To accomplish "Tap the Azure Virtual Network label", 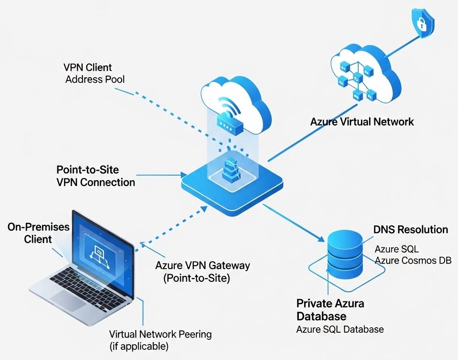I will (x=362, y=121).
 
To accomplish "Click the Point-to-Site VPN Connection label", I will (x=96, y=176).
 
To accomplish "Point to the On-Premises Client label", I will (x=38, y=233).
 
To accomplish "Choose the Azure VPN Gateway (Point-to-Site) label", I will (x=202, y=271).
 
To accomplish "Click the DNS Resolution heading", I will (x=410, y=230).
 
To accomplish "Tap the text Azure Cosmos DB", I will (x=413, y=261).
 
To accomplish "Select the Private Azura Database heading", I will (x=330, y=310).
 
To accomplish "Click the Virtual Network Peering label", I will (x=160, y=340).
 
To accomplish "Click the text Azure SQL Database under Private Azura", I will (x=340, y=330).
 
